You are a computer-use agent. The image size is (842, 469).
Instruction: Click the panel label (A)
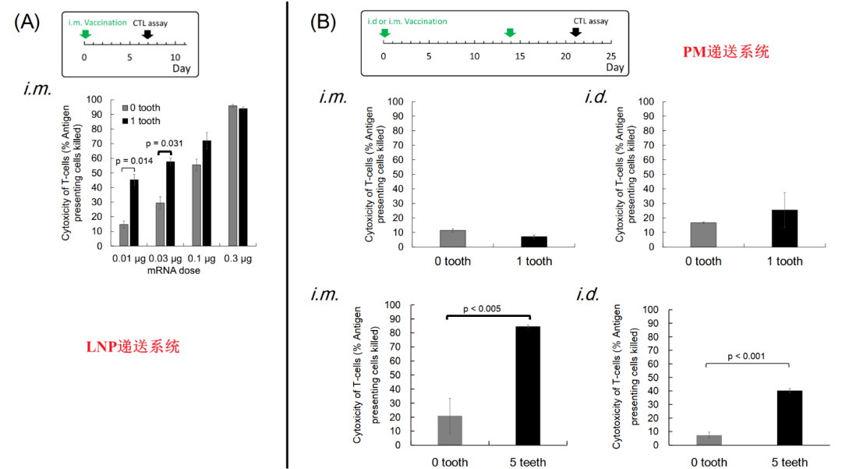[27, 22]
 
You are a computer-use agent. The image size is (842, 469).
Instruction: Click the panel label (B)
[323, 22]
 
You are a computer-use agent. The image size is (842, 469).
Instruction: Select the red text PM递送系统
[725, 52]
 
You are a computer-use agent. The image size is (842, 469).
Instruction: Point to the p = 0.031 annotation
[167, 143]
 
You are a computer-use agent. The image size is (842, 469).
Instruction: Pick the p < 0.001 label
[747, 357]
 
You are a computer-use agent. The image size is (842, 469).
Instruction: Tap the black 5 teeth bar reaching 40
[789, 417]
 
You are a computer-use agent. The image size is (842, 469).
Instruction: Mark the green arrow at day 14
[510, 33]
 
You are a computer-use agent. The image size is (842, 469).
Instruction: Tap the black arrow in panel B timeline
[575, 32]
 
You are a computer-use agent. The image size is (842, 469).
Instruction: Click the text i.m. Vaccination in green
[97, 23]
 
